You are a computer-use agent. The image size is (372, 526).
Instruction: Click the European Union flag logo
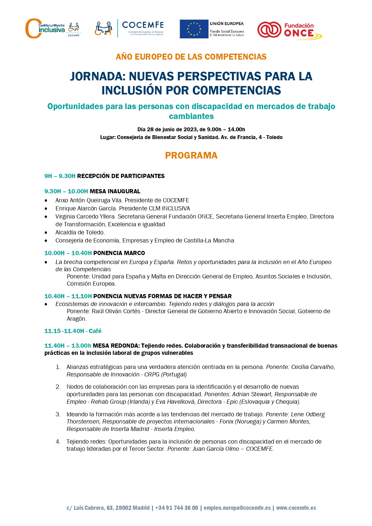tap(194, 29)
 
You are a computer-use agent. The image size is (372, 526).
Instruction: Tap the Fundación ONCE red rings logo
tap(269, 30)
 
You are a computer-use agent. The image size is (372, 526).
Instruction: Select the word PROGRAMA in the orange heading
tap(191, 156)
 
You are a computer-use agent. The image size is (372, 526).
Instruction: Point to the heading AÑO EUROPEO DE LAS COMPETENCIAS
tap(191, 57)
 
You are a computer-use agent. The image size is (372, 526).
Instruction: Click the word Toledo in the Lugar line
tap(274, 137)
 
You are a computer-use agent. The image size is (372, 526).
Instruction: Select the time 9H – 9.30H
tap(60, 176)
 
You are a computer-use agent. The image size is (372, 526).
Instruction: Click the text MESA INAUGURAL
tap(115, 192)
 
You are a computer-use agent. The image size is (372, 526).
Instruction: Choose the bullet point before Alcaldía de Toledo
tap(46, 233)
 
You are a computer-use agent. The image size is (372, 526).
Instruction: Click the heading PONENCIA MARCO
tap(119, 253)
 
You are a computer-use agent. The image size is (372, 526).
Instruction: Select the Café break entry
tap(73, 331)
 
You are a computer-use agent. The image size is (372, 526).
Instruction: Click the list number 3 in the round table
tap(58, 415)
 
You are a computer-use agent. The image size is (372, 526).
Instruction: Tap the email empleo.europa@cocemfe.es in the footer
tap(237, 508)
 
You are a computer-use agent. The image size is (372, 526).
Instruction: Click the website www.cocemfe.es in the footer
tap(296, 508)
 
